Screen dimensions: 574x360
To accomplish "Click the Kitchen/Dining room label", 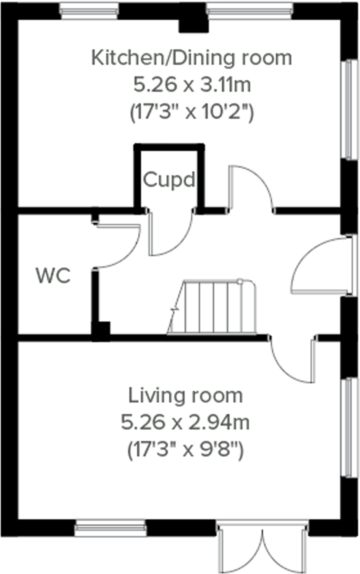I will [x=191, y=58].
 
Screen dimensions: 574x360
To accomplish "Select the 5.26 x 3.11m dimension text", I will [x=192, y=85].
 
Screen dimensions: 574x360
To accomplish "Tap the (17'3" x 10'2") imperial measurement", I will [x=192, y=113].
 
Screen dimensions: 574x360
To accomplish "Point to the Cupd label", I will [x=169, y=180].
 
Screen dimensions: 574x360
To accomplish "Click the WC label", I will [x=53, y=276].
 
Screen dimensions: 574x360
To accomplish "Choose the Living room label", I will [x=185, y=396].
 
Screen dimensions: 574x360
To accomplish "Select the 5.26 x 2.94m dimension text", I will [x=185, y=423].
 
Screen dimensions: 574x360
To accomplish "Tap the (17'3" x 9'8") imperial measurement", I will [x=185, y=450].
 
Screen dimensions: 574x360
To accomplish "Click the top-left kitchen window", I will [x=89, y=11].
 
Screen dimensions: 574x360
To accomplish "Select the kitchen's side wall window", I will [x=351, y=109].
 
